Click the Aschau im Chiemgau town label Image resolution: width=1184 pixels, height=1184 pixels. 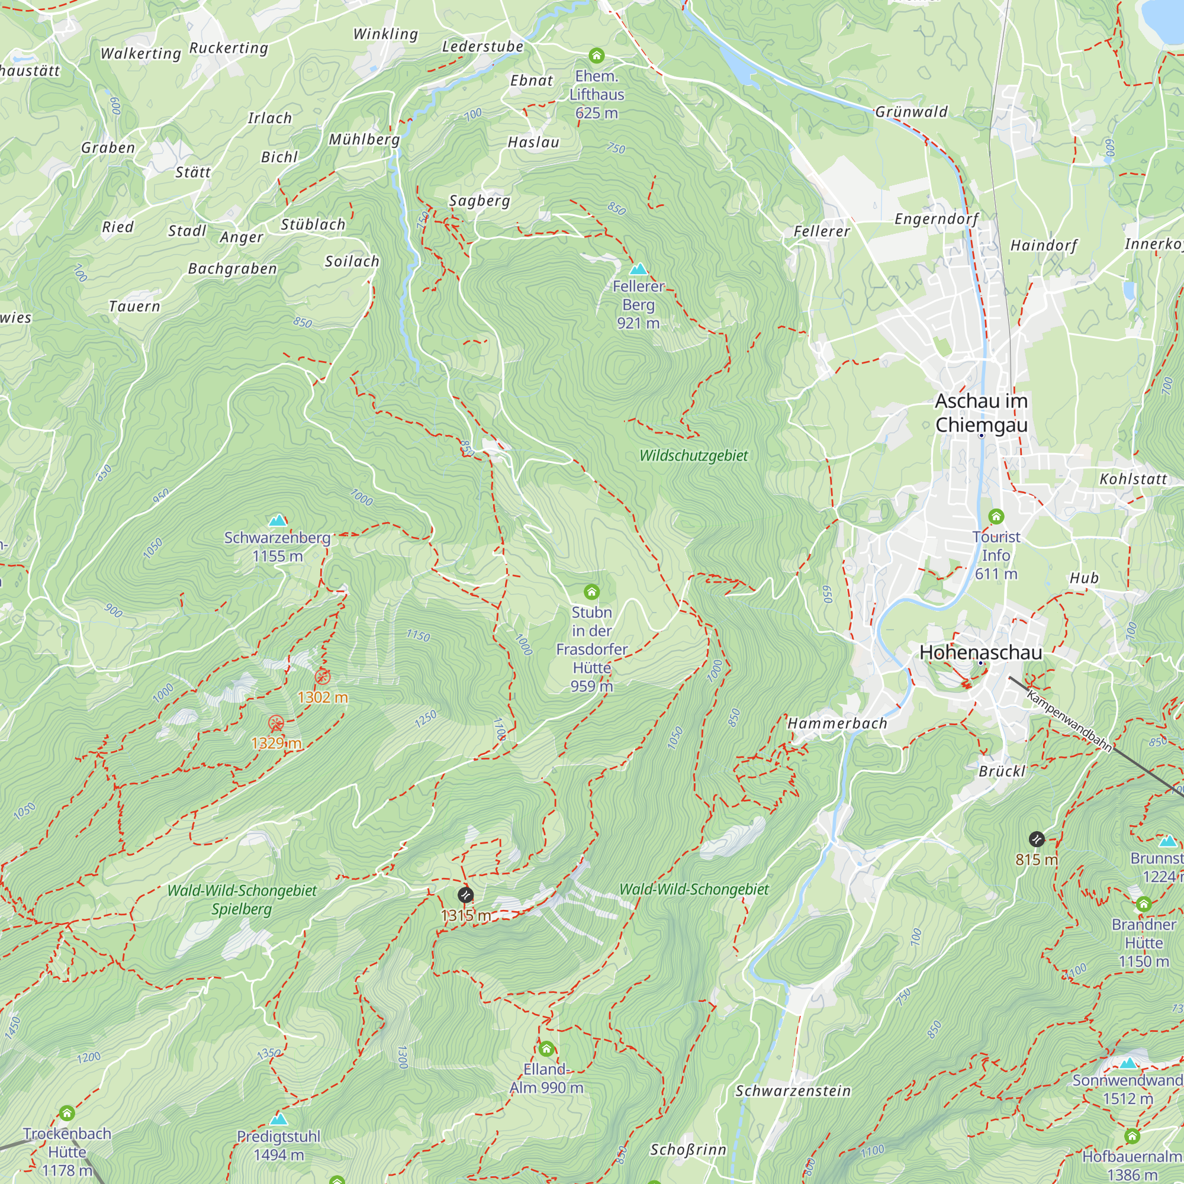981,413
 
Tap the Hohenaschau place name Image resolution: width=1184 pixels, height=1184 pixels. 980,652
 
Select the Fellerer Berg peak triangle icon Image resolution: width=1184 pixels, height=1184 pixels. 639,269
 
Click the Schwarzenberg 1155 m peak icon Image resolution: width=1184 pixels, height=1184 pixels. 278,520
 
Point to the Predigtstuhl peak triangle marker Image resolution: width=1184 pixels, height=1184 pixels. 278,1119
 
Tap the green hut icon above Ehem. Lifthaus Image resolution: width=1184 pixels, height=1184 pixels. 596,56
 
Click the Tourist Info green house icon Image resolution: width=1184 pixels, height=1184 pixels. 996,516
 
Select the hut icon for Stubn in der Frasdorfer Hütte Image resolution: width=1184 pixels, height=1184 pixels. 591,591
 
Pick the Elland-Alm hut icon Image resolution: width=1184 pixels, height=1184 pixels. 546,1048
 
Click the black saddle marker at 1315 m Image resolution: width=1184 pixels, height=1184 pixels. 465,895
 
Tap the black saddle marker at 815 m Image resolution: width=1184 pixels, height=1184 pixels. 1037,838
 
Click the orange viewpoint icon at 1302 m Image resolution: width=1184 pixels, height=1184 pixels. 323,677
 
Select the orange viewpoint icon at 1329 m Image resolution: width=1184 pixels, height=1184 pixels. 276,723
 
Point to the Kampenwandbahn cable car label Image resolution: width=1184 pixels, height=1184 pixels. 1069,720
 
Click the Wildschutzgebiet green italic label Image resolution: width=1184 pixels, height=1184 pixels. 693,455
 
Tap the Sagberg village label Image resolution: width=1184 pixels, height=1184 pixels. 480,201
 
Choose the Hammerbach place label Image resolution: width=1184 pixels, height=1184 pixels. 837,723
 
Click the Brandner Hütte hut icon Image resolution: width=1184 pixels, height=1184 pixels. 1144,904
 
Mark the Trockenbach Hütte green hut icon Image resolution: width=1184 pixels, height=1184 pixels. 67,1112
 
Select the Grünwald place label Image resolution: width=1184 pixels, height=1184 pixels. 911,111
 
